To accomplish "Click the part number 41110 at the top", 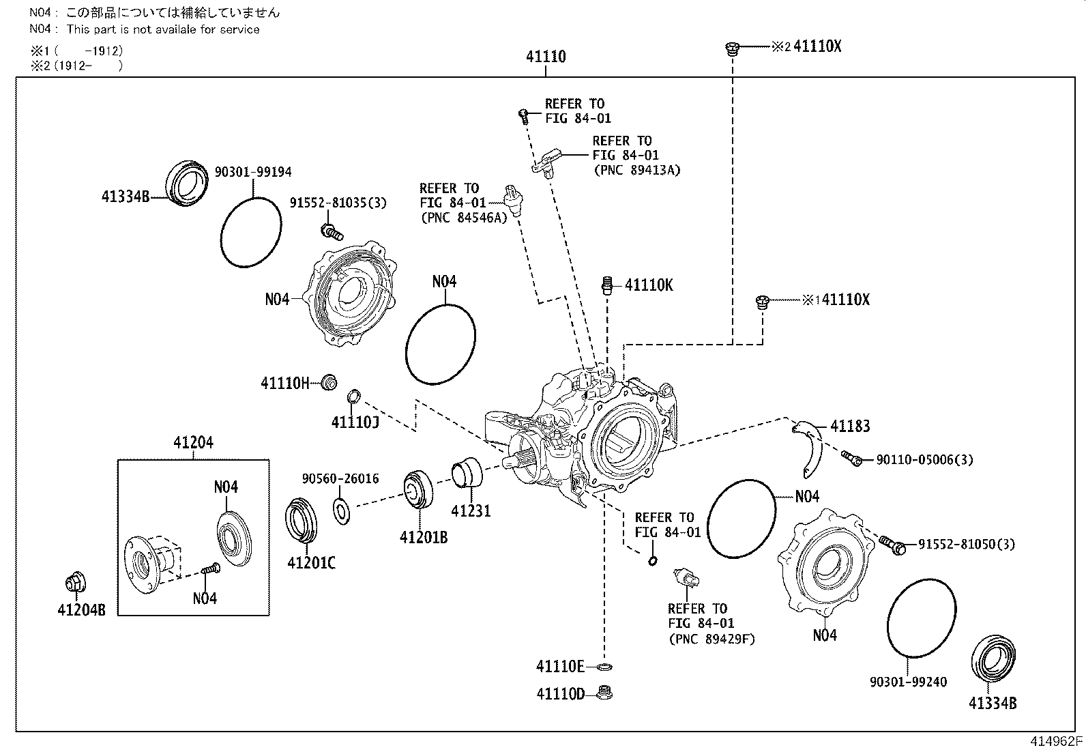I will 545,57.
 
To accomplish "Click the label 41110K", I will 648,285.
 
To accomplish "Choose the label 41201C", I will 311,563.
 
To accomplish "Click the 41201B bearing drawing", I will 417,489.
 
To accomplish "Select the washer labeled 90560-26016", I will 342,510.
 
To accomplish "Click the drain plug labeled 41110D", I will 603,693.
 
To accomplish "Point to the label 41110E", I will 560,666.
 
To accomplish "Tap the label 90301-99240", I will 908,682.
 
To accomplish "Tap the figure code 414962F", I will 1056,741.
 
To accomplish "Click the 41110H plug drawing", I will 329,382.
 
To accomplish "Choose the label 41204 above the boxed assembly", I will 193,442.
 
